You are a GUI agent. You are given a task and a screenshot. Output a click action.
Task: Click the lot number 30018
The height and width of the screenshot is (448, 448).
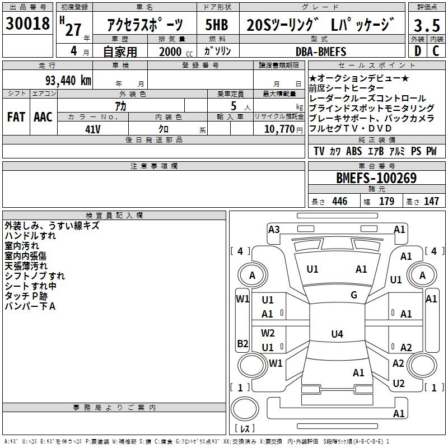tap(27, 25)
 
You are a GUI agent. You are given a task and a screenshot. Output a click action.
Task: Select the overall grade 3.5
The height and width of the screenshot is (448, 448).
tap(426, 26)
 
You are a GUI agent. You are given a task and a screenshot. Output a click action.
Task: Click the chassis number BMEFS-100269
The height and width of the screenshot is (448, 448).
tap(376, 179)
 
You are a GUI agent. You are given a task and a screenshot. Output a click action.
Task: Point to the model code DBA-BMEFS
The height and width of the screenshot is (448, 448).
tap(321, 52)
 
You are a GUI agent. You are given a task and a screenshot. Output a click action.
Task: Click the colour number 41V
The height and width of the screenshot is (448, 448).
tap(92, 129)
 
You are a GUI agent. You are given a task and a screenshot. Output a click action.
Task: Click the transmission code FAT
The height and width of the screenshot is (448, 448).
tap(16, 117)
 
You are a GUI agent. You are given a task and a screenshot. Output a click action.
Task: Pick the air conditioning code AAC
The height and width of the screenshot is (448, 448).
tap(43, 117)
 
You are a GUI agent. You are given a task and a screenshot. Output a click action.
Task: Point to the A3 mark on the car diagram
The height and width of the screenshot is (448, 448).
tap(274, 229)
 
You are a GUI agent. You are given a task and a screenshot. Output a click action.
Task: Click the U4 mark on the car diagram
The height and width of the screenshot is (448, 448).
tap(337, 334)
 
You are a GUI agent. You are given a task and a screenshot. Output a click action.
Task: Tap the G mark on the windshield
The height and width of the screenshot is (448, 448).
tap(354, 295)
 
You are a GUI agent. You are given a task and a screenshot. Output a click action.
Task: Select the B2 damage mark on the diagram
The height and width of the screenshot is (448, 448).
tap(242, 343)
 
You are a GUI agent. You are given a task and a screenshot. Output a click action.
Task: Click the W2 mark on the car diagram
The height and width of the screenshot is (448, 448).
tap(268, 333)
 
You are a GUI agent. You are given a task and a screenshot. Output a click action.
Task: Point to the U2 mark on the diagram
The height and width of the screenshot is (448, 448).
tap(399, 383)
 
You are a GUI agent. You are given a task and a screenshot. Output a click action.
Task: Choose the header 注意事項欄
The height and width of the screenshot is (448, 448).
tap(154, 166)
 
